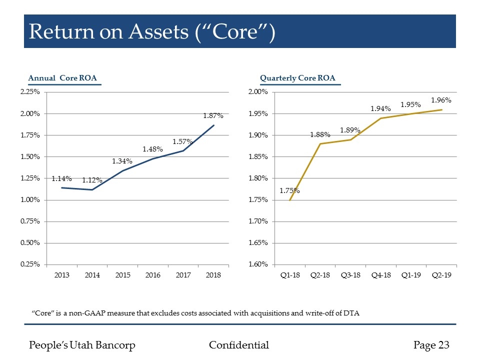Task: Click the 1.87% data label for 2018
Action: click(x=213, y=116)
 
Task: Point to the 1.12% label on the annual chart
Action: click(x=92, y=180)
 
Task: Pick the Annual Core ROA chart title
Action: click(x=62, y=77)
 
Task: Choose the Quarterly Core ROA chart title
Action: click(x=297, y=77)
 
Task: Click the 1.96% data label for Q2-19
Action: click(x=441, y=100)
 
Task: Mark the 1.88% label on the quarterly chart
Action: click(x=320, y=134)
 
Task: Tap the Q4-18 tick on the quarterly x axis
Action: click(x=381, y=275)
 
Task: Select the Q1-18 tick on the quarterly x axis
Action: click(x=290, y=275)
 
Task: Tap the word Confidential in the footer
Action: click(x=238, y=345)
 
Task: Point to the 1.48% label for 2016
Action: click(x=152, y=149)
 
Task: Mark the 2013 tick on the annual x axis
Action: click(x=61, y=275)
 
